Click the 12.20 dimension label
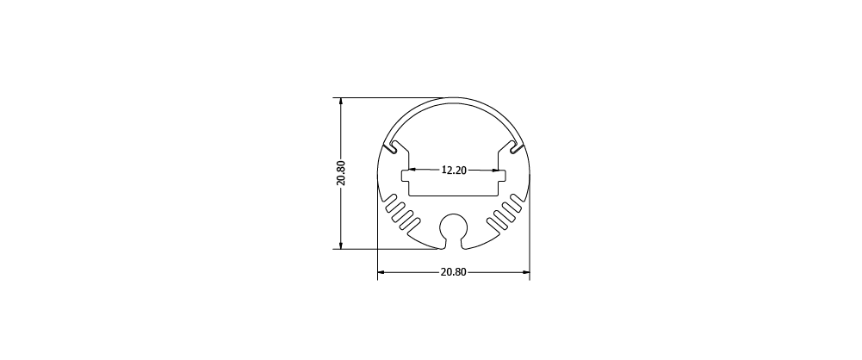(x=454, y=171)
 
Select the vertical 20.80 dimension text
(x=340, y=173)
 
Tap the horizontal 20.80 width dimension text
(x=453, y=272)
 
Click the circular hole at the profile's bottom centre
(x=454, y=227)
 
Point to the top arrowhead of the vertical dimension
(x=341, y=102)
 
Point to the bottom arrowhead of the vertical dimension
(x=341, y=245)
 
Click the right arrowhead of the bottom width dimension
(x=525, y=272)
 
